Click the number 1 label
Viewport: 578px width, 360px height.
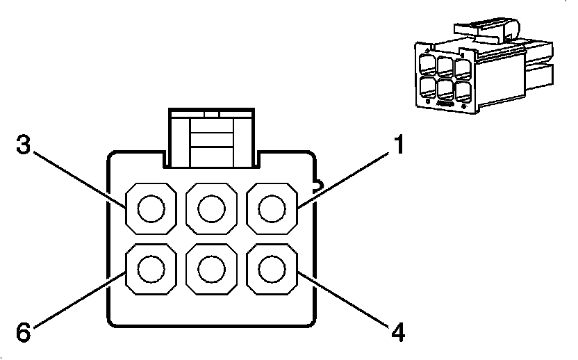coord(398,146)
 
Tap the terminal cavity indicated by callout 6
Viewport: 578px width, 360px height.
coord(150,268)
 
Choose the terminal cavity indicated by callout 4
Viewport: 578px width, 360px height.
coord(272,268)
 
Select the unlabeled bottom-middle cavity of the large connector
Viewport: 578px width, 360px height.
coord(211,268)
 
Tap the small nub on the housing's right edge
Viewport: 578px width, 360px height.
coord(316,186)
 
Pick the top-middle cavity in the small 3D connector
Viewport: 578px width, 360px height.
coord(445,66)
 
